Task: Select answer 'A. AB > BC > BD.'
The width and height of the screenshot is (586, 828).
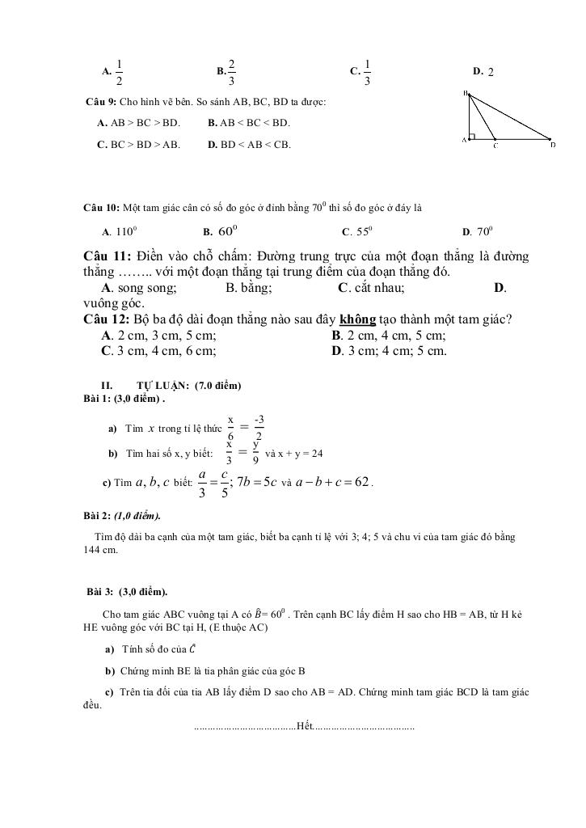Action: (x=137, y=123)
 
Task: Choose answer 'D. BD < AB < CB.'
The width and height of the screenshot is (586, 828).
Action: (x=249, y=145)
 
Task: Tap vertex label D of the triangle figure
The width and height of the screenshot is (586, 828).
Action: (x=553, y=146)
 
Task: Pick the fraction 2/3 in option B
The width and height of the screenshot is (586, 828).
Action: (x=231, y=72)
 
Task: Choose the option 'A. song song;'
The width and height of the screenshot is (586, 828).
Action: (x=139, y=288)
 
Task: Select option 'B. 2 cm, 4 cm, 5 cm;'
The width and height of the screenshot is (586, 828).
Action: (x=389, y=336)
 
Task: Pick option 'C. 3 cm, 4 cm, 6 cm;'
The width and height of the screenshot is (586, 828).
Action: (x=158, y=351)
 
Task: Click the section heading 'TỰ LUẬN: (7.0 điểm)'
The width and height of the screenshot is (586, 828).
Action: (x=189, y=386)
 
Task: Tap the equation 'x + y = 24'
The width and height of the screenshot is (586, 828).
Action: (x=299, y=454)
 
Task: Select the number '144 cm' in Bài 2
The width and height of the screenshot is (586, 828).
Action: (x=101, y=550)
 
